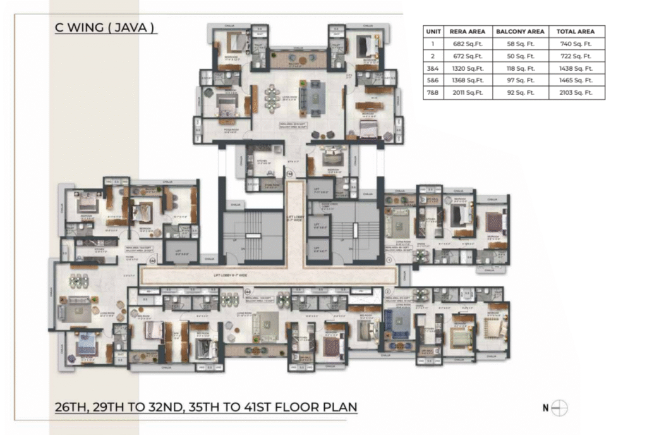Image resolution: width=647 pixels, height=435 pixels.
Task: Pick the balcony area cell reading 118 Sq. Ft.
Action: click(520, 68)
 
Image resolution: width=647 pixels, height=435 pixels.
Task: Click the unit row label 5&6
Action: click(433, 80)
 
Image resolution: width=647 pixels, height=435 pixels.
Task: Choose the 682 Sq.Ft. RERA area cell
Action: click(466, 44)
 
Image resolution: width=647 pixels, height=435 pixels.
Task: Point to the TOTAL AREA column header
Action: click(576, 31)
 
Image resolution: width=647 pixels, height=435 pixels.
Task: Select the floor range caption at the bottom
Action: click(206, 406)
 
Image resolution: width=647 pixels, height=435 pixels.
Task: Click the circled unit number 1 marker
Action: click(390, 259)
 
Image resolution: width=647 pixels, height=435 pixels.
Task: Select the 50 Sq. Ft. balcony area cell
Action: click(520, 56)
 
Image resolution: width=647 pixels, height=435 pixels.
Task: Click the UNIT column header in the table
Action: click(433, 31)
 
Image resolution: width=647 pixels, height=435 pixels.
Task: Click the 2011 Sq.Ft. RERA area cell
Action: click(466, 92)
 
